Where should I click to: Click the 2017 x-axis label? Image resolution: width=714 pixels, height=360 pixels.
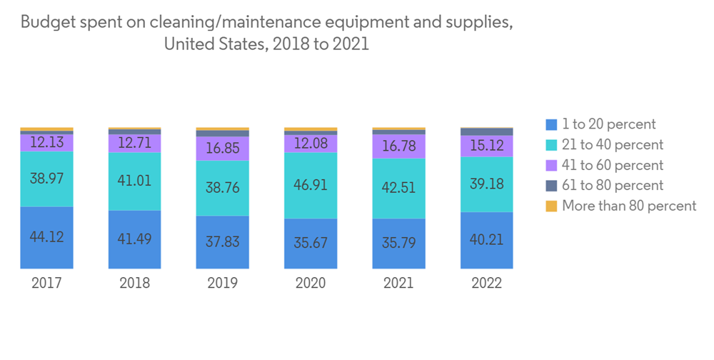click(47, 283)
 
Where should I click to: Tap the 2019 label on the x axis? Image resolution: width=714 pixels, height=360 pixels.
click(223, 283)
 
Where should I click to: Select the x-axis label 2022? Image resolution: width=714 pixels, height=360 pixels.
click(486, 283)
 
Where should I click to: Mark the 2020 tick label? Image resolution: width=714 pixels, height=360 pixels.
click(311, 283)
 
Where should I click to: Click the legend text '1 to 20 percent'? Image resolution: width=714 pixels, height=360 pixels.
click(609, 124)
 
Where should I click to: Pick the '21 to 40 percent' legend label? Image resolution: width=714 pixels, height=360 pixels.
click(613, 145)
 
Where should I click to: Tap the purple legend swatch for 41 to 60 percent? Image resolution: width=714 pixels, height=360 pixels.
click(550, 166)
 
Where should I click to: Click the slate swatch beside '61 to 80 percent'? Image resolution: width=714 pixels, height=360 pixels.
click(550, 186)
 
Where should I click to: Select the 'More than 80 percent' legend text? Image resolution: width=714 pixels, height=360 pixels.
click(629, 206)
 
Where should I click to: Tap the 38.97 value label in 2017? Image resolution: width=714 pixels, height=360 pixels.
click(47, 179)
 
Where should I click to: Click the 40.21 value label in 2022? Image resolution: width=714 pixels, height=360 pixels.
click(486, 239)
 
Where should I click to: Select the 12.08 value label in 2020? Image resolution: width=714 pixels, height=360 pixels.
click(311, 143)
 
